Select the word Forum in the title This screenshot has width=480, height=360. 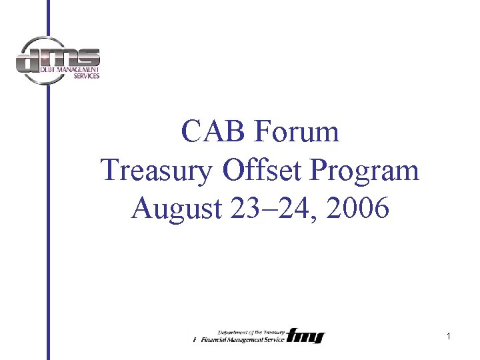click(x=297, y=132)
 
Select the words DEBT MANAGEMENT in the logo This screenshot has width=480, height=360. click(x=67, y=69)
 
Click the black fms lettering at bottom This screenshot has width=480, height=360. click(x=305, y=336)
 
